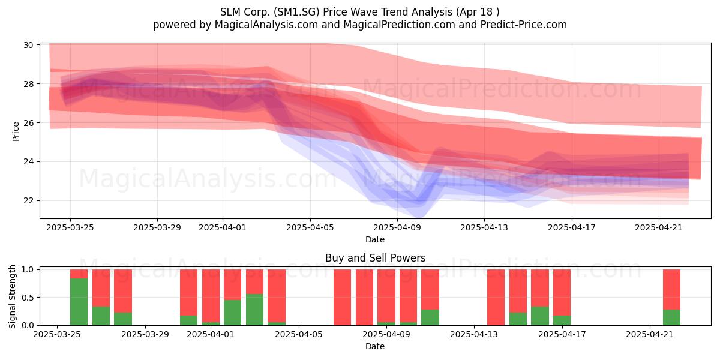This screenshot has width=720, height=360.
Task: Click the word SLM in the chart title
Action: point(230,12)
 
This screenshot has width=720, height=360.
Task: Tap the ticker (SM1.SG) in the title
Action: point(296,12)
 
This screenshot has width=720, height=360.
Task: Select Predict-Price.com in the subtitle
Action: point(524,25)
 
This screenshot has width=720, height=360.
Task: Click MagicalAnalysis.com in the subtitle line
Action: point(266,25)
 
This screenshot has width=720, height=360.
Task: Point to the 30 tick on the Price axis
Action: point(28,45)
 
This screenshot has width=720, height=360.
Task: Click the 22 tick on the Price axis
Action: point(28,200)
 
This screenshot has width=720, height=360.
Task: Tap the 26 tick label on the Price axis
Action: point(28,123)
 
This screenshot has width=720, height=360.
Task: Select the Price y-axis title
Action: point(16,131)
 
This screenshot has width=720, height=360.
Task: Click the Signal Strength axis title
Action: point(12,296)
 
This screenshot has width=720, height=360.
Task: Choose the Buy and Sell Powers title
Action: point(375,258)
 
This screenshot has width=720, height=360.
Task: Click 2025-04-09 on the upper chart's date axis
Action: point(397,227)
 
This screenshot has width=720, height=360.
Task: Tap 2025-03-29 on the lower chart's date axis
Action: point(145,334)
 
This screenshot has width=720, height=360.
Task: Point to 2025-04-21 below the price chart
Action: point(659,227)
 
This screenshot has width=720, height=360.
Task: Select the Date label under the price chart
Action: point(375,239)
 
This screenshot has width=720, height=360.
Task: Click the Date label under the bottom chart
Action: point(375,346)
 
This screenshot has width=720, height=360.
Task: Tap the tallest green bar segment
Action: point(79,302)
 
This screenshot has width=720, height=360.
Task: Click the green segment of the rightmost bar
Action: point(671,317)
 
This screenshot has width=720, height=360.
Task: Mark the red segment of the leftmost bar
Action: point(79,274)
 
